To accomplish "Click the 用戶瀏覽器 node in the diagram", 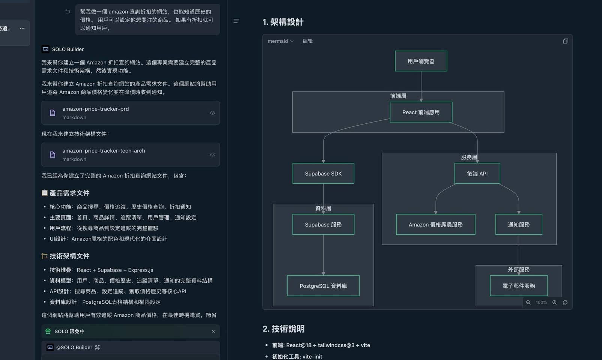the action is coord(421,61).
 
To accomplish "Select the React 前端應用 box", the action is coord(421,112).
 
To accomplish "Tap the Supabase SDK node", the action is coord(323,173).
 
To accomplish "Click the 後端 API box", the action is coord(477,173).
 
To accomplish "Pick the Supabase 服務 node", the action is coord(323,224).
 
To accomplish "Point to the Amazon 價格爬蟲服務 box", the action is coord(436,224).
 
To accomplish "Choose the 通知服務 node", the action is coord(519,224).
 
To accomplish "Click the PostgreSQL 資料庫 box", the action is coord(323,286).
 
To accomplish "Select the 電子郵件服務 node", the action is coord(519,286).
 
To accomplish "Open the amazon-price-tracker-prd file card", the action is coord(131,113).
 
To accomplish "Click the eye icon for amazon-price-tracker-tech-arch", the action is coord(212,154).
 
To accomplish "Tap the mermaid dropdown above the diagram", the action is coord(280,41).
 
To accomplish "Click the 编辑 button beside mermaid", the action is coord(308,41).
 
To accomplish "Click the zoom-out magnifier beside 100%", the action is coord(528,302).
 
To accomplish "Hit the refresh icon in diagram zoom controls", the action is coord(565,302).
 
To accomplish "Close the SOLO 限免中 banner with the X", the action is coord(213,331).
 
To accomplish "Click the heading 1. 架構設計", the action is coord(283,22).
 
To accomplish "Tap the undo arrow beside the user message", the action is coord(68,11).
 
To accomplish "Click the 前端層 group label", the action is coord(398,96).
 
